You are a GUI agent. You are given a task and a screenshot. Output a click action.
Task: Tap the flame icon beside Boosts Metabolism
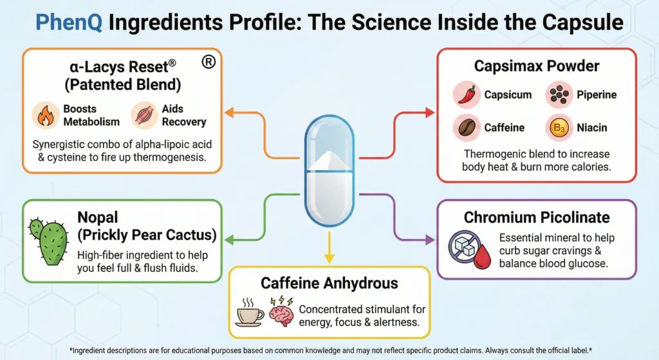45,115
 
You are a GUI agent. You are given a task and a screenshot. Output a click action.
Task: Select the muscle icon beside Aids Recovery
144,115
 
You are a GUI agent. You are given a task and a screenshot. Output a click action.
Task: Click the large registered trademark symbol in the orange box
208,62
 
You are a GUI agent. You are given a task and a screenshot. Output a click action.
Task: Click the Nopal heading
97,217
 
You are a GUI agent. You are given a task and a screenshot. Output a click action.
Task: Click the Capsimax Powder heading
537,66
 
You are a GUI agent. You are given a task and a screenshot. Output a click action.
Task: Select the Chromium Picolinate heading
537,218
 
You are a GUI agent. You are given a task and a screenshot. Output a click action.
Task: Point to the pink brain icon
281,313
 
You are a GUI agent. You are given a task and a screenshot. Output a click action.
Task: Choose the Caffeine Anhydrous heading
329,283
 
